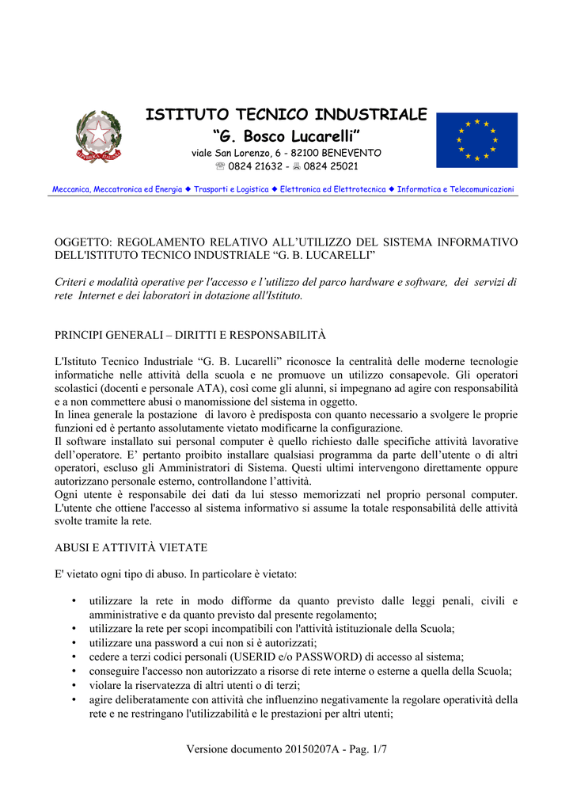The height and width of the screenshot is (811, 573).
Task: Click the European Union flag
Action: pos(476,140)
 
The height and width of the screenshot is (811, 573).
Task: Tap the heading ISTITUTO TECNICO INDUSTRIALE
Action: pos(286,115)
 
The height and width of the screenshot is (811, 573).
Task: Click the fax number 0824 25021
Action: pos(331,166)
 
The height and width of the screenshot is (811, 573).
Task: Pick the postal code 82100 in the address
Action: pos(308,152)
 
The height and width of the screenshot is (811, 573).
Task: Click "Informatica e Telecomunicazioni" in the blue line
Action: pos(455,189)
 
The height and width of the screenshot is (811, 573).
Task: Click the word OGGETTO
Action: pos(82,242)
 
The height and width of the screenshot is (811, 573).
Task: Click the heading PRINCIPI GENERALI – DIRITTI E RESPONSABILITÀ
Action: pos(190,336)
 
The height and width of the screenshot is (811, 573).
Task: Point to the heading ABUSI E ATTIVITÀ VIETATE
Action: pos(131,546)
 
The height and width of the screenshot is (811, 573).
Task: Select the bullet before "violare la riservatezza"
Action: pos(74,685)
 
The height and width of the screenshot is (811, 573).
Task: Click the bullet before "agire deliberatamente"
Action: pos(74,699)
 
